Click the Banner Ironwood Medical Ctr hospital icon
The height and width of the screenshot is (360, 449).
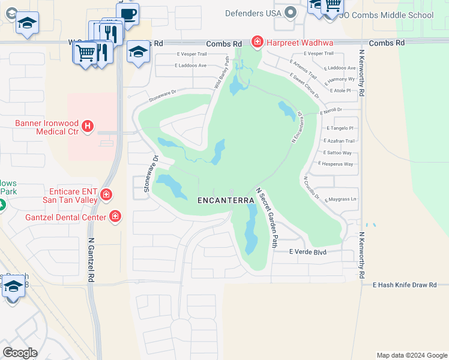(88, 126)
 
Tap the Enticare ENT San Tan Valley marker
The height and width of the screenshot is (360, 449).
(106, 194)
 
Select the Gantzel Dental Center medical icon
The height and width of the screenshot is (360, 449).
(115, 216)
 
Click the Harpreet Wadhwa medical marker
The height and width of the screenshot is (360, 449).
(257, 41)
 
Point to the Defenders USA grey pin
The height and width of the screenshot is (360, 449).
(291, 12)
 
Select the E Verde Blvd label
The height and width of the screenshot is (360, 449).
(307, 252)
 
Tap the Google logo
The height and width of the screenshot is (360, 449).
(19, 353)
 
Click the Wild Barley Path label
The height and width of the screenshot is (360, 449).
(221, 72)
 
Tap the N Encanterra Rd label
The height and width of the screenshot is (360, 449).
(297, 126)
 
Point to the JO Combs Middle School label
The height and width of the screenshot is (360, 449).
(387, 16)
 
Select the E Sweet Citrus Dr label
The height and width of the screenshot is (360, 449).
(305, 86)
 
